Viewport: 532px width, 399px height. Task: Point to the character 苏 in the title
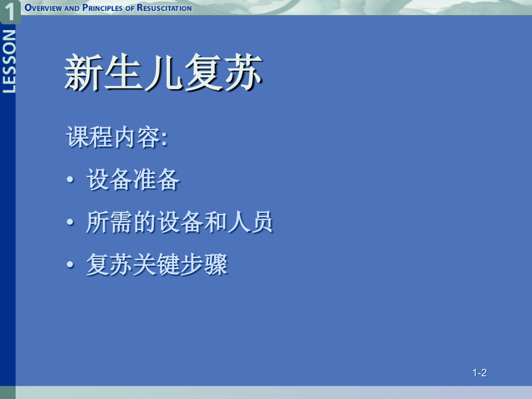(243, 73)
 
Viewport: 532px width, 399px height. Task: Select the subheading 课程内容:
(117, 138)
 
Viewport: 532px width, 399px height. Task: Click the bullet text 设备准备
(133, 180)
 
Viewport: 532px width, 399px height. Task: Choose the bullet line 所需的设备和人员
(179, 223)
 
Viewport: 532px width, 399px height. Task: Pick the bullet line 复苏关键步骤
(157, 265)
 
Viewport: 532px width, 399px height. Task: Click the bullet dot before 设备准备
(71, 182)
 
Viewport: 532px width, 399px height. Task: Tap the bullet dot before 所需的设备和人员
(71, 224)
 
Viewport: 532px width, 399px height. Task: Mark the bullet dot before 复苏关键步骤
(71, 267)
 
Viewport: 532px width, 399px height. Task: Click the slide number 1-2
(479, 373)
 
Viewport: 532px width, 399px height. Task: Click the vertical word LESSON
(9, 61)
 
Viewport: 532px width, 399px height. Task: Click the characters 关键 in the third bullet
(157, 265)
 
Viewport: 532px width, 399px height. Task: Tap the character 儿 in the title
(163, 73)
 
